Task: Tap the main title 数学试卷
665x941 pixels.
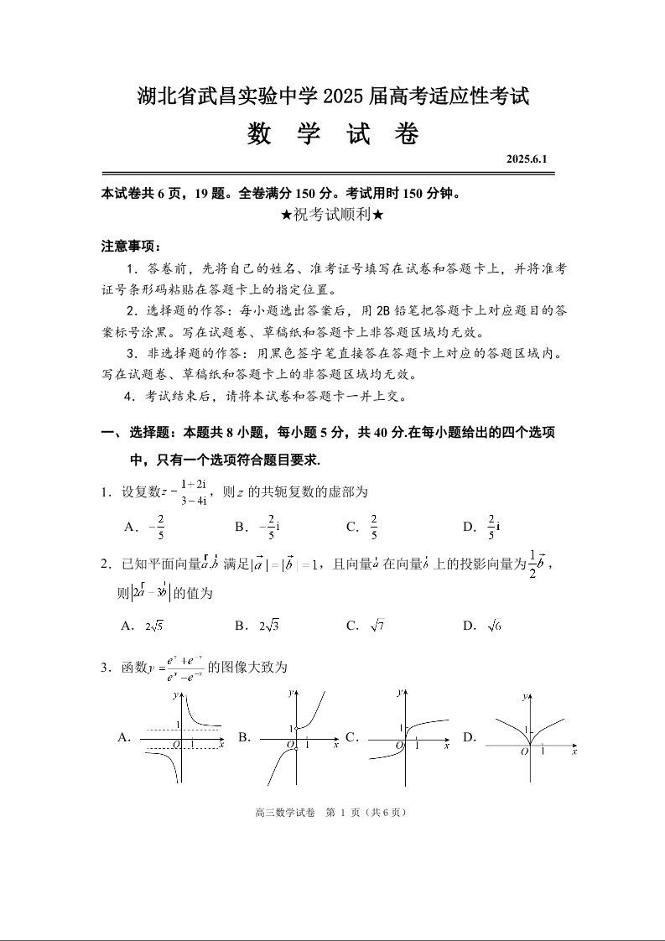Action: tap(333, 134)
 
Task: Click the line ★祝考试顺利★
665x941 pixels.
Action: tap(333, 215)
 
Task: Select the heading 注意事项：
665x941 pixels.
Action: tap(131, 247)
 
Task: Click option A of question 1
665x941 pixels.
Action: tap(144, 527)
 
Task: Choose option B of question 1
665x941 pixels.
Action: tap(257, 527)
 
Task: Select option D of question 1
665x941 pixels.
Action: tap(481, 527)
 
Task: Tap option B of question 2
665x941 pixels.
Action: tap(257, 626)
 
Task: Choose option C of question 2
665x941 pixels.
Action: tap(366, 626)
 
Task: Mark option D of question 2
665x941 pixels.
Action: tap(481, 626)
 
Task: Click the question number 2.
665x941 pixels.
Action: tap(106, 564)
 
